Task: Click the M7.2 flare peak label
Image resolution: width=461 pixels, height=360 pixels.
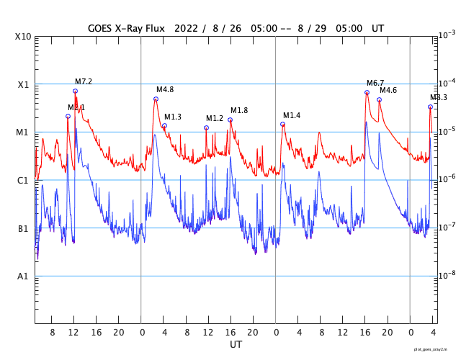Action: point(84,82)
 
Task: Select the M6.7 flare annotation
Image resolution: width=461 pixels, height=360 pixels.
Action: point(375,84)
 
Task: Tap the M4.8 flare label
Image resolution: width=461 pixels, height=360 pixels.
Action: point(165,90)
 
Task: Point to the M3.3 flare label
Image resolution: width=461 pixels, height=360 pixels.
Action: point(439,98)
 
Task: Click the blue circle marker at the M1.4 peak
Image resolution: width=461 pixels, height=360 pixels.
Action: point(282,124)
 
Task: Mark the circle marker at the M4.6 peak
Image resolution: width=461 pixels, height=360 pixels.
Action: point(379,99)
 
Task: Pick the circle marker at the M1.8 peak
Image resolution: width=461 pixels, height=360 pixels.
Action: point(230,120)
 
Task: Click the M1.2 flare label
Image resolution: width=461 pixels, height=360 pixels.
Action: point(215,119)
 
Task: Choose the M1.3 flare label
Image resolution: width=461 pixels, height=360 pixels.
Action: point(173,117)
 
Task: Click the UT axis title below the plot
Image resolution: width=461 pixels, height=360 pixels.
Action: point(236,345)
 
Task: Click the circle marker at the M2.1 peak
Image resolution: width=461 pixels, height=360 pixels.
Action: point(68,116)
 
